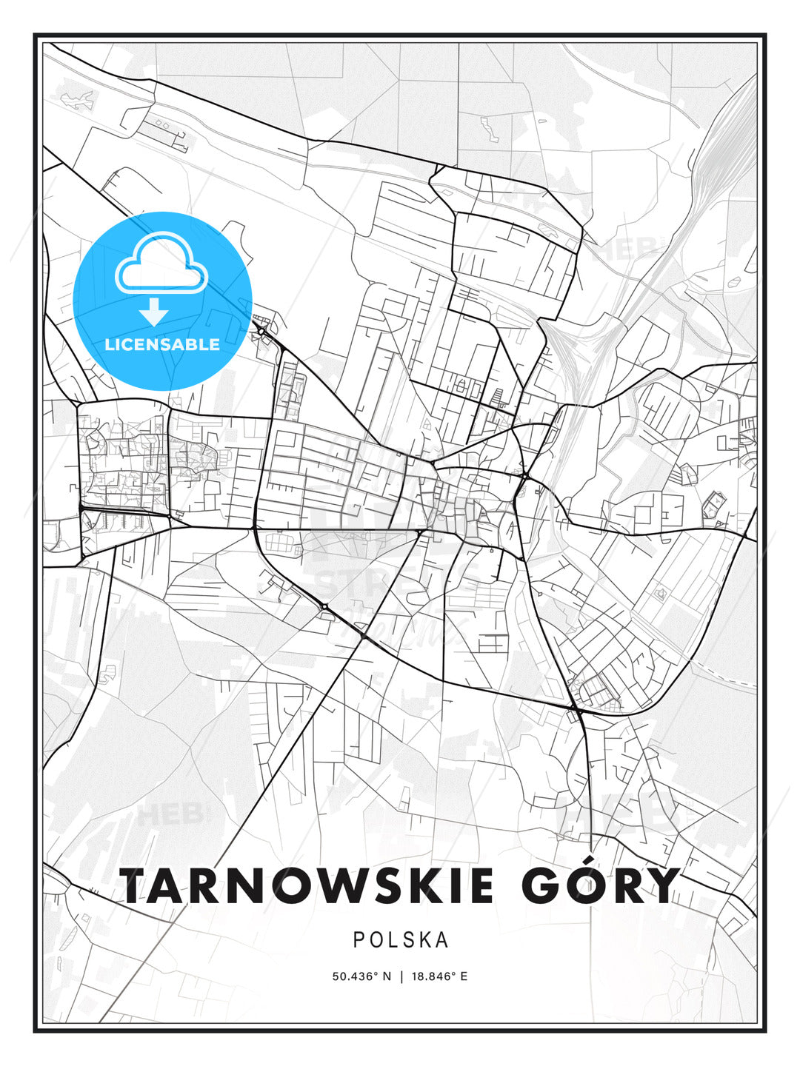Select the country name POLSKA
401,939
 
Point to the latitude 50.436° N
361,976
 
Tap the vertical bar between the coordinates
401,976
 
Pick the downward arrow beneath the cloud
154,312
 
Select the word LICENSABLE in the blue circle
162,344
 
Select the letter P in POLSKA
359,939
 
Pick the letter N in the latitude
385,976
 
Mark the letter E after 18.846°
464,976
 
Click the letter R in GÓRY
623,885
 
